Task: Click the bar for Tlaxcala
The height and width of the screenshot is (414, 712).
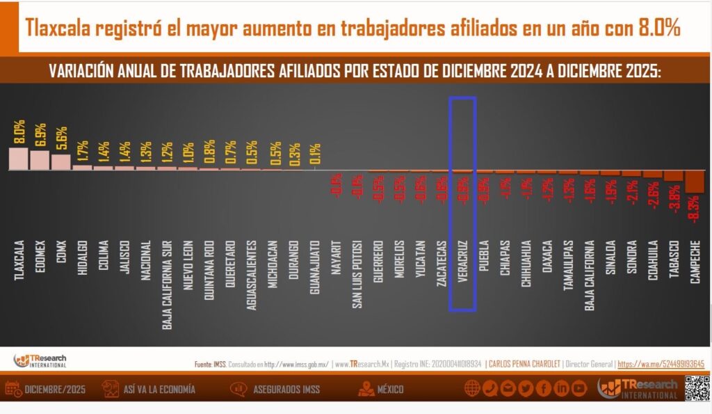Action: pos(18,159)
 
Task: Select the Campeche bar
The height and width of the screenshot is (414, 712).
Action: pos(695,182)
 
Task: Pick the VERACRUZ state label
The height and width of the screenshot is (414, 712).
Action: pos(462,262)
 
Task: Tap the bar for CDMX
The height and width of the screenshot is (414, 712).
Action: pos(61,161)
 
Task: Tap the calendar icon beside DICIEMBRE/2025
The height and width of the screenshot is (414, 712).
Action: pos(12,388)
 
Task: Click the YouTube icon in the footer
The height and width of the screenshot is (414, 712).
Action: pos(579,388)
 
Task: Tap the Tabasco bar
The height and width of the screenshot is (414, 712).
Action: pos(674,176)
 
